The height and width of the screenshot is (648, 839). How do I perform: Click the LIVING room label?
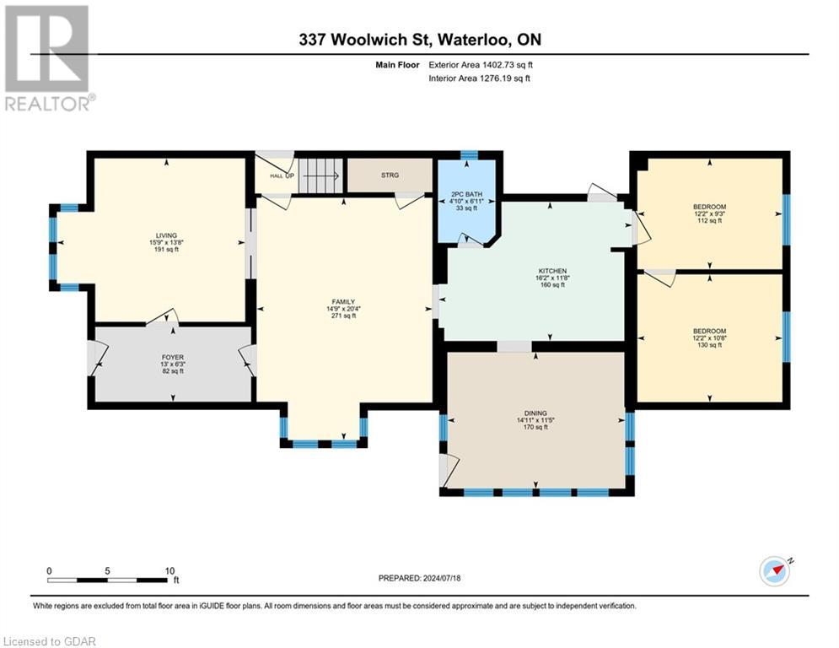pyautogui.click(x=165, y=235)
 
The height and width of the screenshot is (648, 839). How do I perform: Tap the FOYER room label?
pyautogui.click(x=172, y=357)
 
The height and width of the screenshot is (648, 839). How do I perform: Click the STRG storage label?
pyautogui.click(x=389, y=175)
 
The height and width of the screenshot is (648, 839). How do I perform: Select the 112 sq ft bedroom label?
pyautogui.click(x=709, y=206)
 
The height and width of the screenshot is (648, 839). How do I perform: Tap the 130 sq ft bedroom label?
pyautogui.click(x=709, y=331)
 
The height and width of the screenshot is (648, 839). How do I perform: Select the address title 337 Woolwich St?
pyautogui.click(x=418, y=40)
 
